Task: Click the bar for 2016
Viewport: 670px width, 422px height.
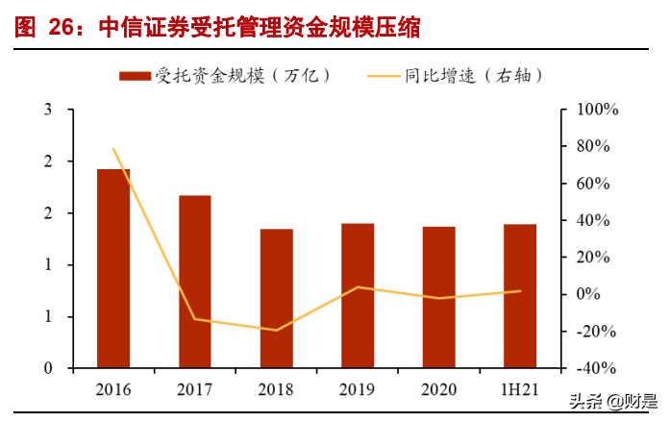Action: (x=113, y=268)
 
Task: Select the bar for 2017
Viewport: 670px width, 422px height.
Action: (x=195, y=282)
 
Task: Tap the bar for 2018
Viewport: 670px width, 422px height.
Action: (x=277, y=298)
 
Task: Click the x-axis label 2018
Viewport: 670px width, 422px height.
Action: (x=277, y=389)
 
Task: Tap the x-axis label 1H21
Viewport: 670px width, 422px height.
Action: (x=520, y=389)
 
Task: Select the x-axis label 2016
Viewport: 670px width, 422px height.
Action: (x=113, y=389)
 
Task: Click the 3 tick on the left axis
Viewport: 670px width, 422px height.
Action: (x=48, y=111)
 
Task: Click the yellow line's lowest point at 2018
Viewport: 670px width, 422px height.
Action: (x=277, y=330)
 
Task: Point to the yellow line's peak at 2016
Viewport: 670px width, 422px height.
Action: (x=113, y=149)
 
